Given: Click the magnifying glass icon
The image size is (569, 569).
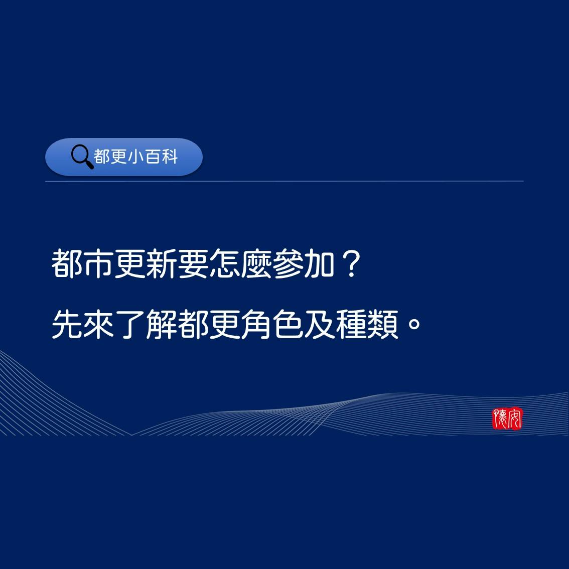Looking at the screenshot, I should pyautogui.click(x=82, y=157).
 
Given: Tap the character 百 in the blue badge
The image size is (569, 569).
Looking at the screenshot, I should pyautogui.click(x=154, y=157).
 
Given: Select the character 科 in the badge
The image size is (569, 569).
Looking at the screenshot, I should pyautogui.click(x=170, y=157).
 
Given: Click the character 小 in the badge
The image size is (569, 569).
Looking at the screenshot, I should pyautogui.click(x=136, y=157).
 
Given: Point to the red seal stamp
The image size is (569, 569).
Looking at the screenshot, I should pyautogui.click(x=507, y=418).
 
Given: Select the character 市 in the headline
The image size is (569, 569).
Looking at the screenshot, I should pyautogui.click(x=98, y=264).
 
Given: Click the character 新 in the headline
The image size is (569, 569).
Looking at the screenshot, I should pyautogui.click(x=162, y=264).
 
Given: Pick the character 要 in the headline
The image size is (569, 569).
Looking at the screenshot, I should pyautogui.click(x=193, y=264).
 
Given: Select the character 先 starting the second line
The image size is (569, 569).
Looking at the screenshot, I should pyautogui.click(x=67, y=325).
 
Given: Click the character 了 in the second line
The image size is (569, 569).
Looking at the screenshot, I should pyautogui.click(x=130, y=325).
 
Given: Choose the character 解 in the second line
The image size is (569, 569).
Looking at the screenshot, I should pyautogui.click(x=162, y=325).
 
